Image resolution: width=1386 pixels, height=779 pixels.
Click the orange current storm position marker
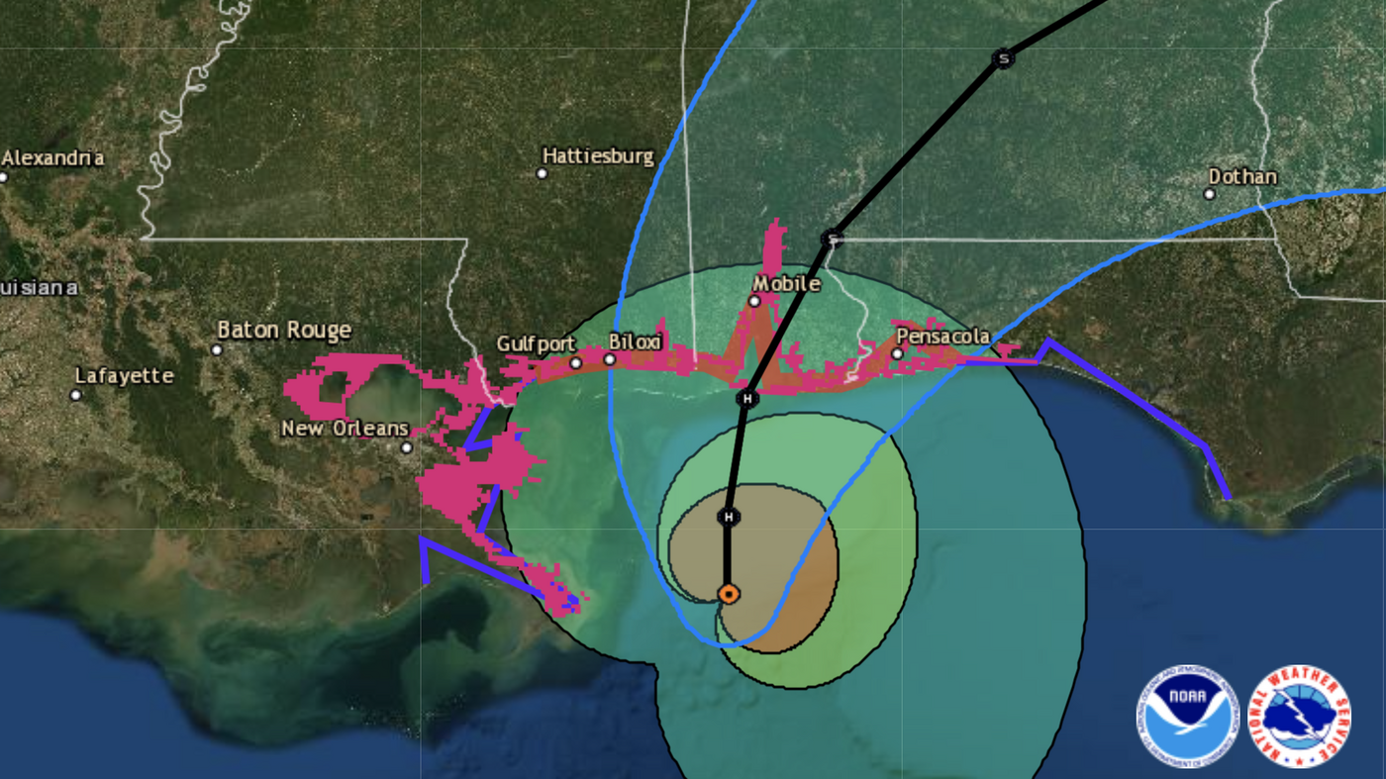coord(728,594)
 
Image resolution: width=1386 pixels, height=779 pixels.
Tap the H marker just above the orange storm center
coord(729,517)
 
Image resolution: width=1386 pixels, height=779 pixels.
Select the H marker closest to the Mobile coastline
coord(747,399)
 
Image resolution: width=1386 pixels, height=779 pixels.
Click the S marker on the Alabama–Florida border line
coord(833,239)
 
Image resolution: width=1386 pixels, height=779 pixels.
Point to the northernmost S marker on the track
coord(1003,58)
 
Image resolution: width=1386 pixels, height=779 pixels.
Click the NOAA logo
coord(1187,716)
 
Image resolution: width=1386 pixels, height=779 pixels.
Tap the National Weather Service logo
coord(1300,716)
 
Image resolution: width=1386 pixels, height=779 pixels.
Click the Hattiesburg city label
coord(598,156)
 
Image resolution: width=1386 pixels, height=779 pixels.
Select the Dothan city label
coord(1242,177)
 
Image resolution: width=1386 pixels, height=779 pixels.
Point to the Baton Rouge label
coord(284,330)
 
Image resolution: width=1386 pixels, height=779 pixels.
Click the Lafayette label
coord(125,376)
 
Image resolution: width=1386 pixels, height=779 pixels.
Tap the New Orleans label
coord(345,429)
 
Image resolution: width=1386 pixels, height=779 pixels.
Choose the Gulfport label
coord(536,344)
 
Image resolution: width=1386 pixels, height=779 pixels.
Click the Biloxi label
coord(634,341)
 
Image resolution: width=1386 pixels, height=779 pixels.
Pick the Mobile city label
coord(787,284)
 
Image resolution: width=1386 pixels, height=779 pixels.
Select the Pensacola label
coord(942,337)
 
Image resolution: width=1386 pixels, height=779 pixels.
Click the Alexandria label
coord(53,158)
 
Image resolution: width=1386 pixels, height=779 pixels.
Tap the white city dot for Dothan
coord(1210,194)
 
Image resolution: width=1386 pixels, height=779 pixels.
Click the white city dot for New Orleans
coord(406,447)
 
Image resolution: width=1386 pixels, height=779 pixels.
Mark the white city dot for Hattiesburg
coord(542,173)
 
